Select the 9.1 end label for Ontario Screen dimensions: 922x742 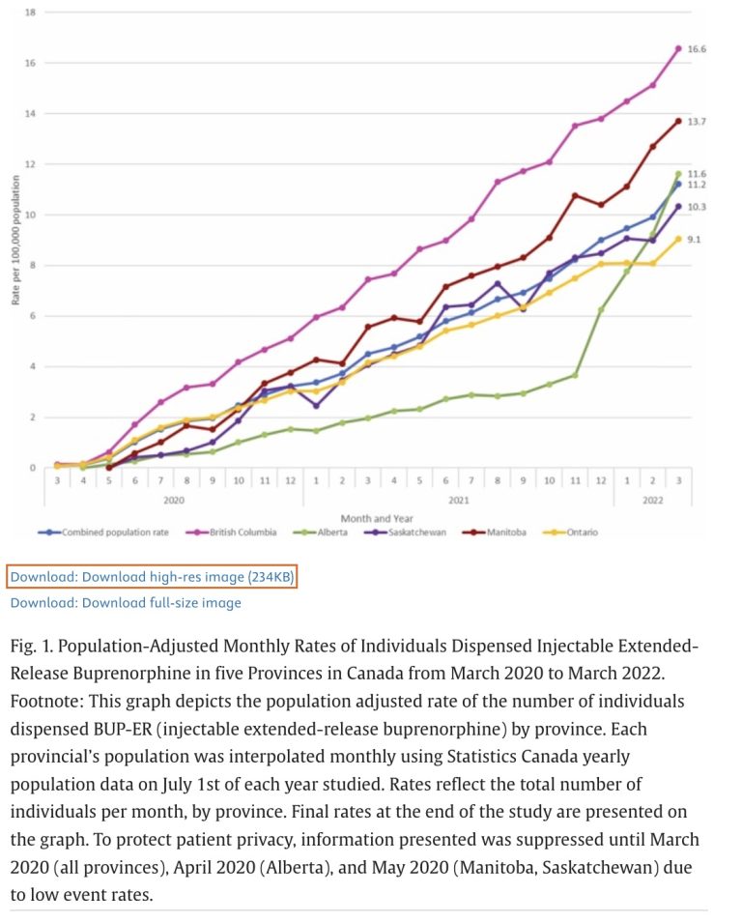pyautogui.click(x=694, y=239)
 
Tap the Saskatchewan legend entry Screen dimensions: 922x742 pyautogui.click(x=414, y=532)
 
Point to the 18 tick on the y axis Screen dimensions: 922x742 pyautogui.click(x=31, y=13)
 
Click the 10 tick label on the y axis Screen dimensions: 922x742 pyautogui.click(x=31, y=215)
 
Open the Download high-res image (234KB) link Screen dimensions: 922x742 pyautogui.click(x=152, y=577)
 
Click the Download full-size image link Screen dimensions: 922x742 pyautogui.click(x=126, y=603)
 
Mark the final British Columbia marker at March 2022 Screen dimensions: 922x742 pyautogui.click(x=678, y=48)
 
